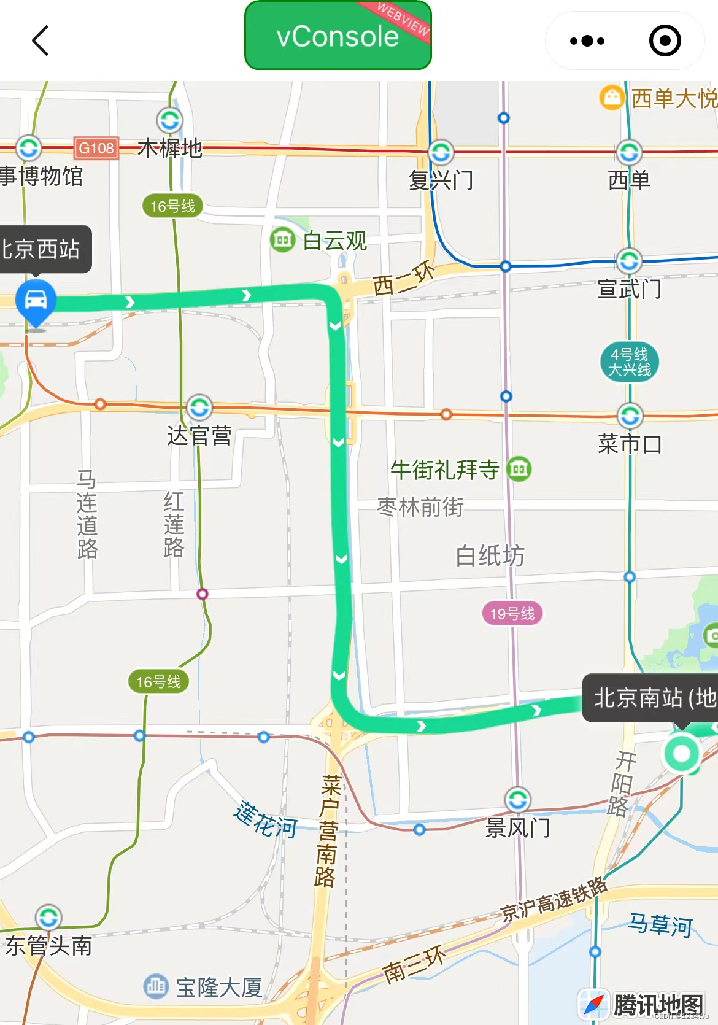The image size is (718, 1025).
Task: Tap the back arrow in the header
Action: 41,41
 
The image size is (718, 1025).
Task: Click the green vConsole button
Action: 338,36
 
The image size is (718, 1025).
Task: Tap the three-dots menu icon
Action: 587,41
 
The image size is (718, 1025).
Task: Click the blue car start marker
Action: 36,301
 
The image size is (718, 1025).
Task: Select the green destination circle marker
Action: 682,753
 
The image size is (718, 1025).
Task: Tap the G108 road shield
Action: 96,148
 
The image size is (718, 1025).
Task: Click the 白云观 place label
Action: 335,241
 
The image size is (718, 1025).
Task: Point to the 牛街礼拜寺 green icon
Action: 519,470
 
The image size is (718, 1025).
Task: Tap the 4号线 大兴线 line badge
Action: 629,362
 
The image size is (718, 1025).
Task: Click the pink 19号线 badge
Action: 512,613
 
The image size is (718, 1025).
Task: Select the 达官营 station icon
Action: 199,408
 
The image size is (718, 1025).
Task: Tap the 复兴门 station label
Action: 441,180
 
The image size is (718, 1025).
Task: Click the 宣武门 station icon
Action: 629,261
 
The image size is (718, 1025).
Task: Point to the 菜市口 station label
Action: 630,444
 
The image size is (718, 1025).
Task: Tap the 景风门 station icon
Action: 518,800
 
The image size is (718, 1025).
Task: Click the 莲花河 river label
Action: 265,820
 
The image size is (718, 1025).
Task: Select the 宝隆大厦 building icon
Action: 156,986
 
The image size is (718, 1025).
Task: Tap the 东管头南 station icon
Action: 48,918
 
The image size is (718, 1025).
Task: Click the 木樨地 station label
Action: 170,148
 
